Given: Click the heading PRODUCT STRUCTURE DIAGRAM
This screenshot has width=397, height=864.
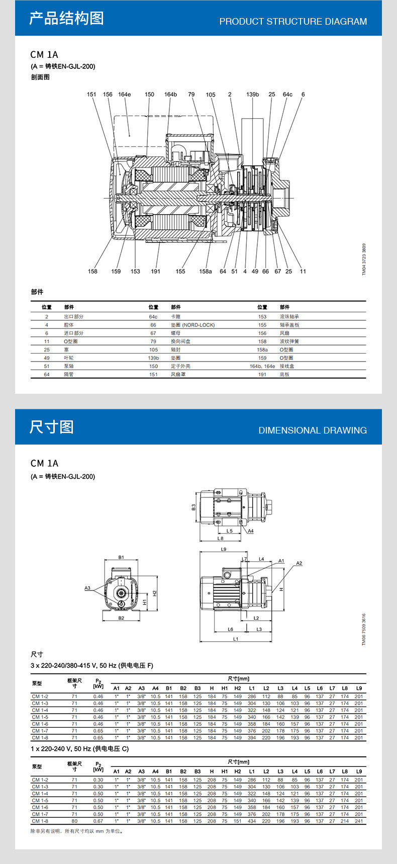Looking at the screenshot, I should pos(293,22).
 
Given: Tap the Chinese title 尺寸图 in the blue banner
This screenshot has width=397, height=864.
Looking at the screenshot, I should pos(51,427).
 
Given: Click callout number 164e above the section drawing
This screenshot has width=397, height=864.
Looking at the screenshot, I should pos(124,95).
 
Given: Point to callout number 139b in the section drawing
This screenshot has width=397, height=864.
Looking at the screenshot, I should pos(252,95).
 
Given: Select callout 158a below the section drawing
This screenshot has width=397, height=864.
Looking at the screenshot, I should pos(205,272).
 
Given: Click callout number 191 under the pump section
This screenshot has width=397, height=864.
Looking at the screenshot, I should pos(156,272).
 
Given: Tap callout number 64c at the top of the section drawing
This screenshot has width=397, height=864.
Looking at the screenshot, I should pos(287,95).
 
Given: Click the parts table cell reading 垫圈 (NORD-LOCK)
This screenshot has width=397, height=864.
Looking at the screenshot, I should pos(192,325).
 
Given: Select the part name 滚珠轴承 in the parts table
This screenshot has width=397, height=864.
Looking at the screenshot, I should pos(289,317).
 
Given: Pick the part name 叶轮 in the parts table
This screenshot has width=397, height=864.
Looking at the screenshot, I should pos(69,358).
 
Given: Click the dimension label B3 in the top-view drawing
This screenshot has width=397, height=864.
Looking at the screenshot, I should pos(193,507).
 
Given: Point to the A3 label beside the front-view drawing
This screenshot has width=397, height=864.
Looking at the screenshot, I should pos(87,588).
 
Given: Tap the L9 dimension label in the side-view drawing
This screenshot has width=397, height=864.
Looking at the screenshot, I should pos(224,549).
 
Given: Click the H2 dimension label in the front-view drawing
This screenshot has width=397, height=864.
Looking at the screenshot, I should pos(155,593).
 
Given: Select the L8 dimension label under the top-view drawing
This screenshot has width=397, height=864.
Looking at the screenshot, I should pos(220,538).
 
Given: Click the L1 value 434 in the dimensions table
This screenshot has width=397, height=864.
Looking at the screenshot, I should pos(251,821).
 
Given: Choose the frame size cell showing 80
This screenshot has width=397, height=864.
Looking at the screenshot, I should pos(74,821).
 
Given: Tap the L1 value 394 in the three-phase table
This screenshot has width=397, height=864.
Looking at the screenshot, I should pos(251,738).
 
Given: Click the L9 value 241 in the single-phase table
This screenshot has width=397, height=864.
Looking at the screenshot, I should pos(358,821).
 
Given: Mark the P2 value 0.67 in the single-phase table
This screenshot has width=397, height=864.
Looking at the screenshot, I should pos(98,821).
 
